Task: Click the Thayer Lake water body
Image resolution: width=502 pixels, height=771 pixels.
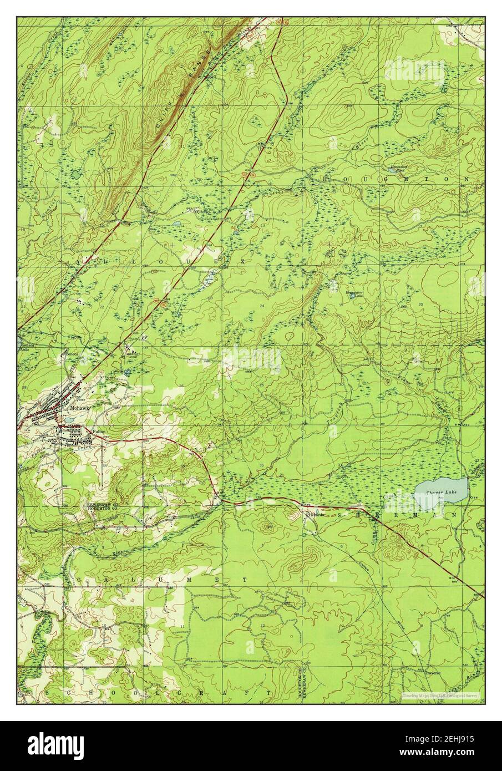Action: tap(442, 489)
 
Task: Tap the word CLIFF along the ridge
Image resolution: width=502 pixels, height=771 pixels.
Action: tap(167, 116)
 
